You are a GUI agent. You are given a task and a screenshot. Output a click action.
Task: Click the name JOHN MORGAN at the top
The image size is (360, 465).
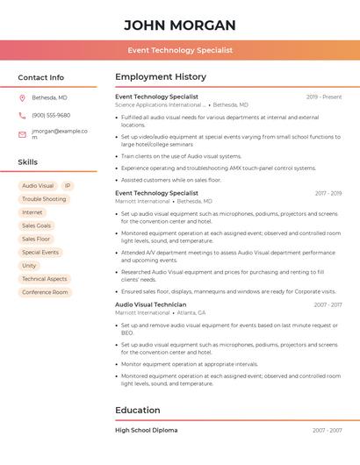pyautogui.click(x=179, y=25)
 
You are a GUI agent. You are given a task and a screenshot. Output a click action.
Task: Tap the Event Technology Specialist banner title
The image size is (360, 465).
pyautogui.click(x=179, y=50)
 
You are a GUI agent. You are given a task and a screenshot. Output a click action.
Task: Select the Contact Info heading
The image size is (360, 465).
pyautogui.click(x=40, y=77)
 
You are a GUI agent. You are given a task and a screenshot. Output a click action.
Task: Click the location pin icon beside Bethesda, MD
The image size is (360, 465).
pyautogui.click(x=22, y=97)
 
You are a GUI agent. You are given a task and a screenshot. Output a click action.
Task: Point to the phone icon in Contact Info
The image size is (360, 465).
pyautogui.click(x=22, y=115)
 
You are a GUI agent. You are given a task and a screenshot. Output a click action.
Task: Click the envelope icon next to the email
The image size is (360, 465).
pyautogui.click(x=22, y=134)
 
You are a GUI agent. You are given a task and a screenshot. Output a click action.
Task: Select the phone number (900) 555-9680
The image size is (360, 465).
pyautogui.click(x=51, y=115)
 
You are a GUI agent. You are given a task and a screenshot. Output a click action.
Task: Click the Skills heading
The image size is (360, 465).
pyautogui.click(x=28, y=162)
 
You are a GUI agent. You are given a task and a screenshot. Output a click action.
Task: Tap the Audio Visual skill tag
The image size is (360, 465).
pyautogui.click(x=38, y=186)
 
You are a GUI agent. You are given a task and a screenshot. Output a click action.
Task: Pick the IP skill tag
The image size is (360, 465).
pyautogui.click(x=68, y=186)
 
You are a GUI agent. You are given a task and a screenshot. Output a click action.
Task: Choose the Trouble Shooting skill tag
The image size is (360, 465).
pyautogui.click(x=44, y=199)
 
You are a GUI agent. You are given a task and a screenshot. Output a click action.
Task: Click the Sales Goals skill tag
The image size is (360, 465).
pyautogui.click(x=37, y=225)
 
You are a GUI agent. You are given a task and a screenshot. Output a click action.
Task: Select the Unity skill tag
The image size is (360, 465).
pyautogui.click(x=29, y=265)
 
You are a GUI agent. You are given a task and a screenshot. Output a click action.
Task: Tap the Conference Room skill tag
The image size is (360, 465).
pyautogui.click(x=45, y=292)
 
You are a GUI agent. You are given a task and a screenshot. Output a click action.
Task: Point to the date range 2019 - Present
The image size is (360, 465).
pyautogui.click(x=324, y=97)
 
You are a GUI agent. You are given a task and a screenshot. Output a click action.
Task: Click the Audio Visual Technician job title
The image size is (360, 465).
pyautogui.click(x=150, y=304)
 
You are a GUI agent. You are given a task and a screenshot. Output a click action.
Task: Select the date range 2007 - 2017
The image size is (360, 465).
pyautogui.click(x=327, y=304)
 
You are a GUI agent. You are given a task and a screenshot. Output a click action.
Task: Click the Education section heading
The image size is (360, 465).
pyautogui.click(x=138, y=410)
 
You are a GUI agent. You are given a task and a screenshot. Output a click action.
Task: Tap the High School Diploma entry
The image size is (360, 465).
pyautogui.click(x=146, y=431)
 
